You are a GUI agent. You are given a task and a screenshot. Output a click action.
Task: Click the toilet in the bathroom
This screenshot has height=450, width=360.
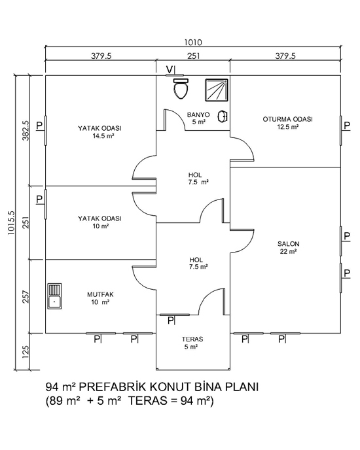point(181,88)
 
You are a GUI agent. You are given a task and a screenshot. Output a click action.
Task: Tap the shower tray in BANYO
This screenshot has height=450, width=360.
point(217,90)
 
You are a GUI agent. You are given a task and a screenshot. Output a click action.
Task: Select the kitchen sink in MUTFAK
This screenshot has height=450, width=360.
point(54,296)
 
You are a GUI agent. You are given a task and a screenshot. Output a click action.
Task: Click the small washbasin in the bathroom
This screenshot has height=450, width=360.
point(223,116)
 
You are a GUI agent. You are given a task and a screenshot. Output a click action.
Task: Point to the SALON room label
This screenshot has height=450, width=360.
point(288,244)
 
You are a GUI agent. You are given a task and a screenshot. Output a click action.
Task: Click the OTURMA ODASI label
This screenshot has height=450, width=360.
point(287,119)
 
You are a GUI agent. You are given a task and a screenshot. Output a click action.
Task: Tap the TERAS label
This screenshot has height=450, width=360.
point(192,339)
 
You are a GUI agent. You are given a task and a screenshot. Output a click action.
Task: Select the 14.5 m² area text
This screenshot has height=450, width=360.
point(103,136)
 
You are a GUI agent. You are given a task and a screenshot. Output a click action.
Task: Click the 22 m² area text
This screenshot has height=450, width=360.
point(288,252)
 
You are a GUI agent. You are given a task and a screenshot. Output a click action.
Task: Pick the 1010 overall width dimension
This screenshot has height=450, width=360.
point(193,43)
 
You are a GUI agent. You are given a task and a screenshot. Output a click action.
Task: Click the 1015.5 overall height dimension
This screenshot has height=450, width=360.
point(11,222)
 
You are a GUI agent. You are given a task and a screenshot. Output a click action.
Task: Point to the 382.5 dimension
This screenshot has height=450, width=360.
point(26,130)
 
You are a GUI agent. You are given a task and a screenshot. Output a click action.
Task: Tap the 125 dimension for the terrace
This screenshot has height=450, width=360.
point(26,352)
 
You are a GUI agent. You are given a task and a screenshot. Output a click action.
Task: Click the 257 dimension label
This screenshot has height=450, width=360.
point(26,297)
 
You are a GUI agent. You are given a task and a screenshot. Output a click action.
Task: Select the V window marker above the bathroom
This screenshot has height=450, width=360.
point(170,69)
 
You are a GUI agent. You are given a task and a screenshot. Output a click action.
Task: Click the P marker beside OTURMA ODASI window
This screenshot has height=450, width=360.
point(347,126)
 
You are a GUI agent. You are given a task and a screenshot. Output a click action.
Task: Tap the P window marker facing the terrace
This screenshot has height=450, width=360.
point(171,320)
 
